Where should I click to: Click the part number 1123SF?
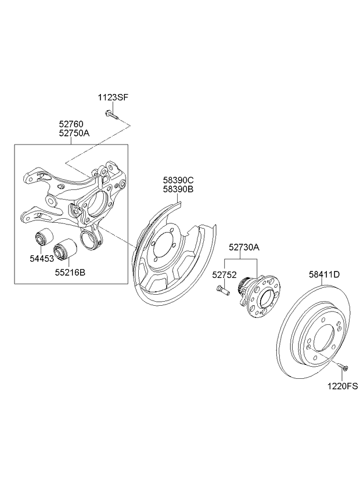tap(113, 97)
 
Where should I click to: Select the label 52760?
tap(71, 124)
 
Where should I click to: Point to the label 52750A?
tap(74, 133)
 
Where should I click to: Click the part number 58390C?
tap(178, 180)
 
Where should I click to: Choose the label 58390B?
tap(178, 189)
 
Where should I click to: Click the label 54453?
tap(42, 259)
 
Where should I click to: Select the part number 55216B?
tap(70, 272)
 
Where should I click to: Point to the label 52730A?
tap(244, 247)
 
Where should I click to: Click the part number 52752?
tap(224, 275)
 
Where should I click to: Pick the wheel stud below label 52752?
tap(223, 290)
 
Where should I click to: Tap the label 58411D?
tap(324, 274)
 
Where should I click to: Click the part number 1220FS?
tap(343, 386)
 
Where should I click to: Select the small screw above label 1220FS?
tap(343, 367)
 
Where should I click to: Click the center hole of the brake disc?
tap(324, 338)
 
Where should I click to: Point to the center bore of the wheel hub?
tap(267, 298)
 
